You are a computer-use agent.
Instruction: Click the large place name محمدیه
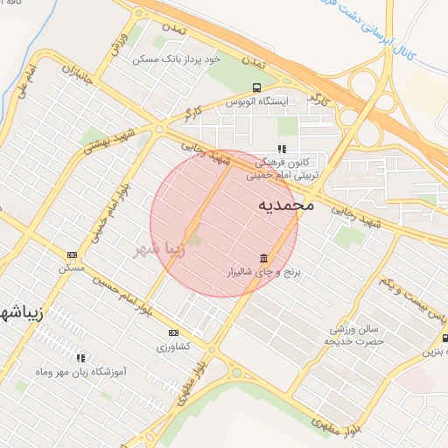click(286, 206)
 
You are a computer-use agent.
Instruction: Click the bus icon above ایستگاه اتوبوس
click(255, 87)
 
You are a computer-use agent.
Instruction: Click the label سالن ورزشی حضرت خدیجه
click(357, 334)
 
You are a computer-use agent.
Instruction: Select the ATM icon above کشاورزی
click(173, 332)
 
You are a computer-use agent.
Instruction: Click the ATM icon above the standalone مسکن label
click(72, 255)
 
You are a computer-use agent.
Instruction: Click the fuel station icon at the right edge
click(444, 338)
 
